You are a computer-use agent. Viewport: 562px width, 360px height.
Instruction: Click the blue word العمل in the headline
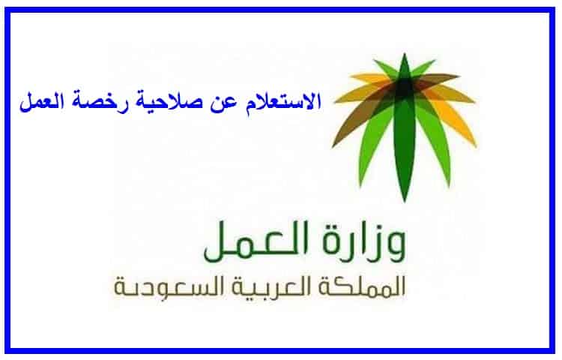pyautogui.click(x=42, y=102)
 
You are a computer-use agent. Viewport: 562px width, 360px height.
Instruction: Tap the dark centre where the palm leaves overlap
pyautogui.click(x=405, y=85)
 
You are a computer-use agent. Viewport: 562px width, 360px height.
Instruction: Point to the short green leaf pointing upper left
pyautogui.click(x=385, y=69)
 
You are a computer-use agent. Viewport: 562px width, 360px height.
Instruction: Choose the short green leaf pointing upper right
pyautogui.click(x=423, y=68)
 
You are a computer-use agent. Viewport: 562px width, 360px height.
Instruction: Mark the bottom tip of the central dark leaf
pyautogui.click(x=405, y=202)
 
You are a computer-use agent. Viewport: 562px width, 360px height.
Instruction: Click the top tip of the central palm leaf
pyautogui.click(x=405, y=53)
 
